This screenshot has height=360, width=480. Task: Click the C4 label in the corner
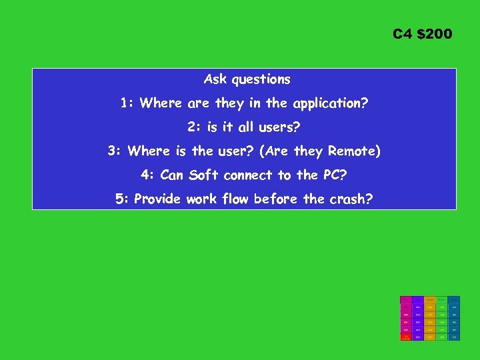pyautogui.click(x=403, y=33)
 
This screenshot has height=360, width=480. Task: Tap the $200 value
pyautogui.click(x=435, y=33)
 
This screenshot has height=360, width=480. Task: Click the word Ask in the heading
pyautogui.click(x=215, y=79)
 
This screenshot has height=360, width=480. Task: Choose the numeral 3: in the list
pyautogui.click(x=115, y=151)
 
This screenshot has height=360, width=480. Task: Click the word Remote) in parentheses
pyautogui.click(x=355, y=151)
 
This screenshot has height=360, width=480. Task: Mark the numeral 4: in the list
pyautogui.click(x=148, y=175)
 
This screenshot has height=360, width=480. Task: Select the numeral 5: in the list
pyautogui.click(x=122, y=199)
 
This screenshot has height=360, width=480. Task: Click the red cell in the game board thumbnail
pyautogui.click(x=405, y=337)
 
